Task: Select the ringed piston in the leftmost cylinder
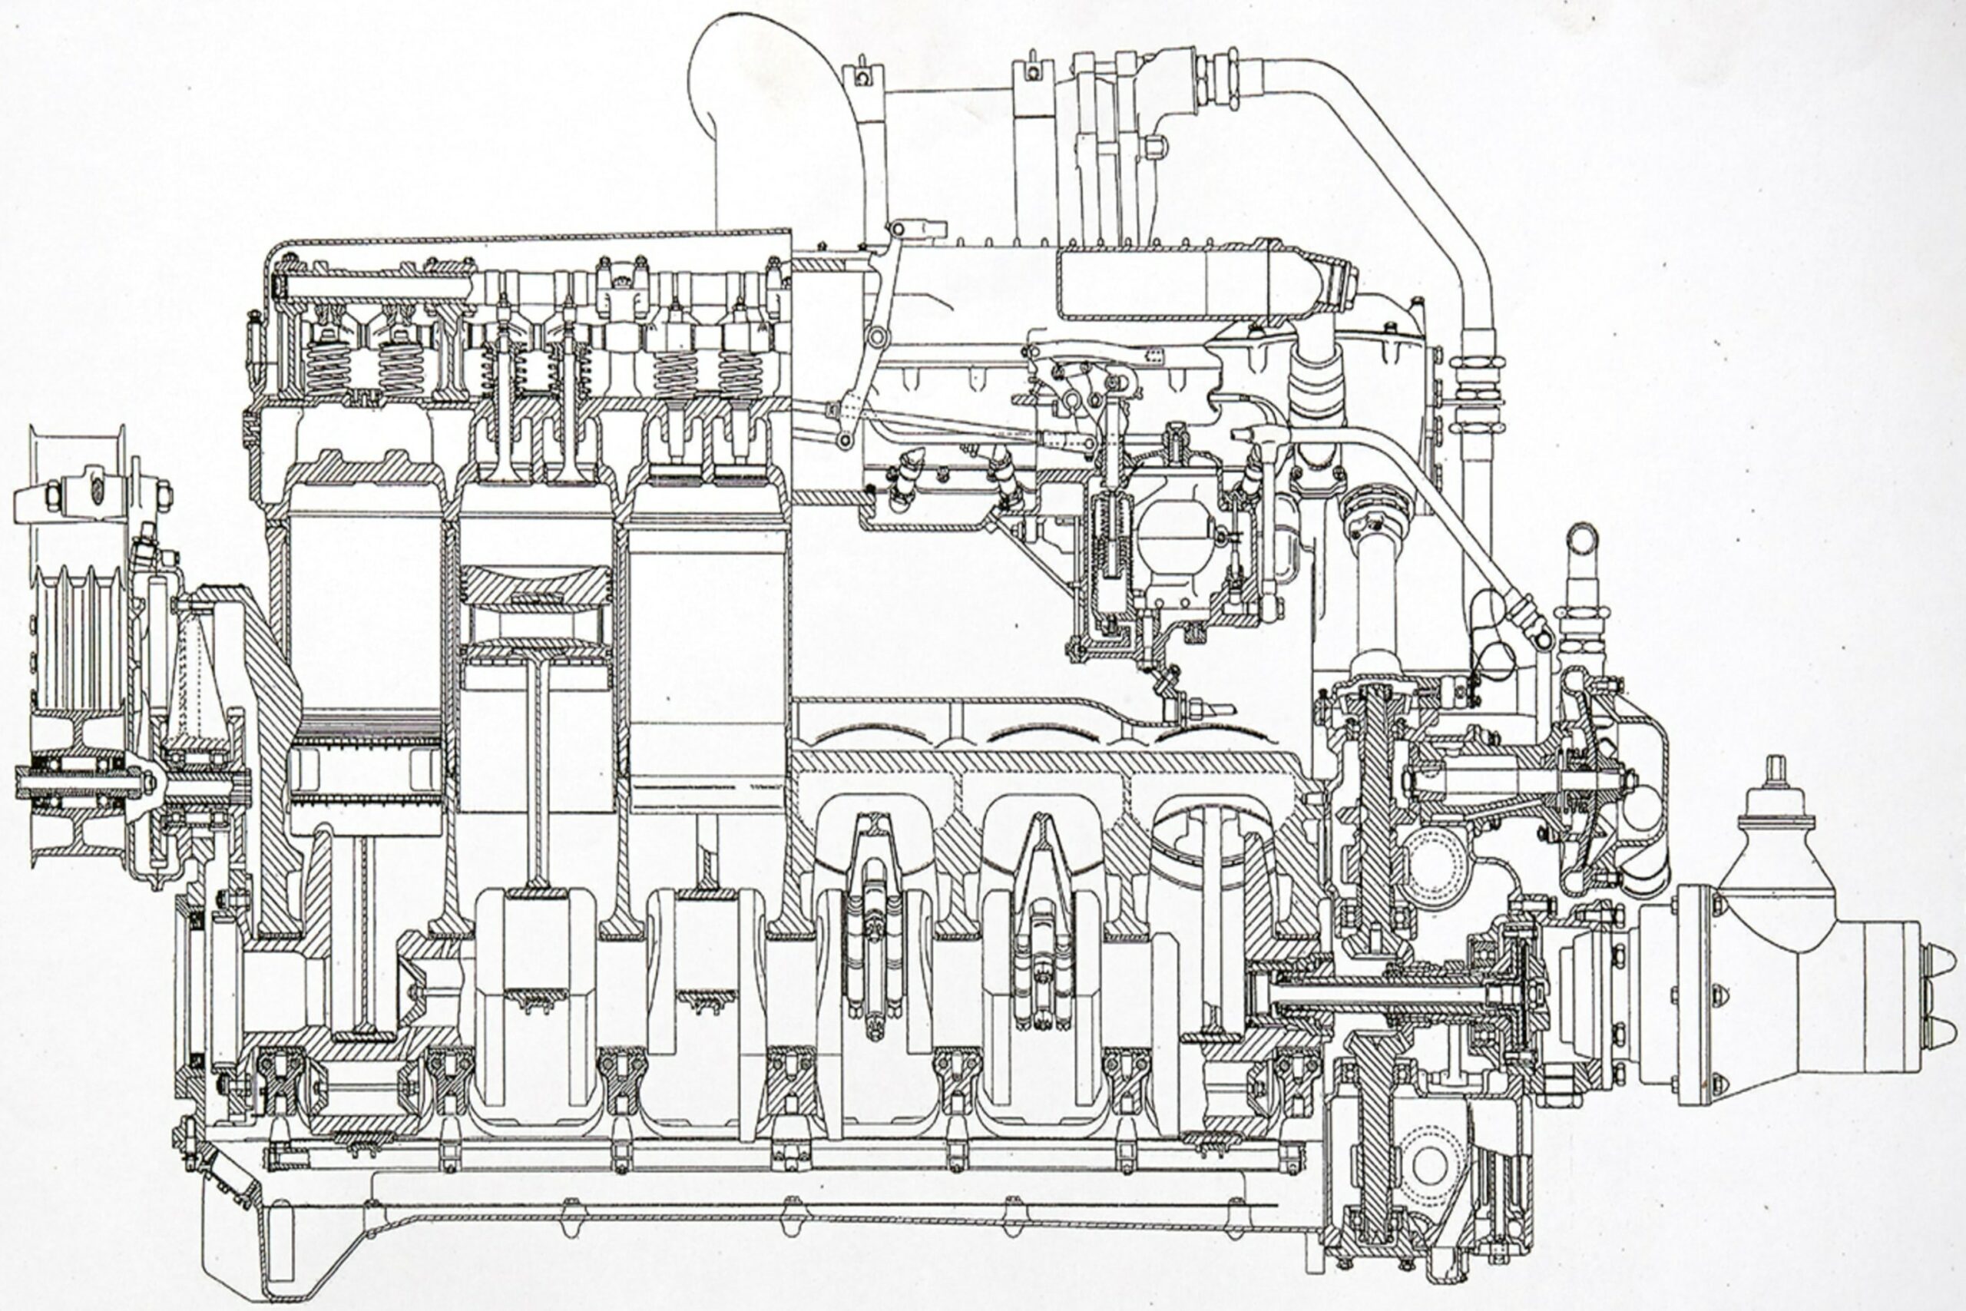(x=365, y=761)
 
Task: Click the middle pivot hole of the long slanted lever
(x=876, y=338)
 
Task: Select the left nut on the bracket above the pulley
(x=51, y=497)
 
